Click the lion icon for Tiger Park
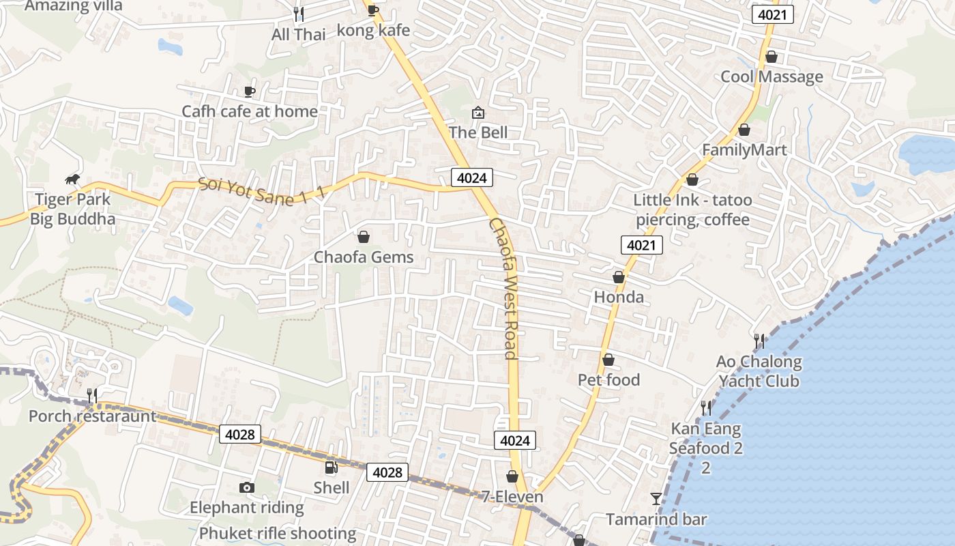[72, 179]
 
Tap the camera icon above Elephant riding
[247, 487]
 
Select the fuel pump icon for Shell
[332, 468]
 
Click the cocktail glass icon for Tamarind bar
[656, 499]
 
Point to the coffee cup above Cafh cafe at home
[250, 91]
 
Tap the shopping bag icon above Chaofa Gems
[364, 237]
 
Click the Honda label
[619, 297]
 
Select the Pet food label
[608, 379]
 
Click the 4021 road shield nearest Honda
[642, 245]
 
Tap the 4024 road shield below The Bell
[471, 178]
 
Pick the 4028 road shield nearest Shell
[387, 472]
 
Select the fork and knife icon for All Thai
[298, 13]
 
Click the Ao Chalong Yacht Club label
[759, 371]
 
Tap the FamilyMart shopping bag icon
[744, 130]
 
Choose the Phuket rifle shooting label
[278, 533]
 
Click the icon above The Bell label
[478, 112]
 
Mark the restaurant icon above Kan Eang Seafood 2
[706, 408]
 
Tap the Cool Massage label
[772, 76]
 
